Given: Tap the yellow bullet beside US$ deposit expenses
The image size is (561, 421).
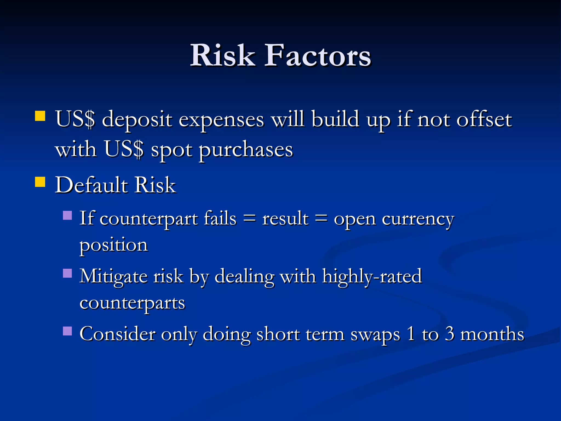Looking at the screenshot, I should point(40,116).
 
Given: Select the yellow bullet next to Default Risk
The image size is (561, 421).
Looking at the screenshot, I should point(40,182).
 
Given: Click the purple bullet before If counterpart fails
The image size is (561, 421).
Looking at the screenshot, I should point(67,215).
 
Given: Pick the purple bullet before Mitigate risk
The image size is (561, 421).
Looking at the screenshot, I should point(67,273).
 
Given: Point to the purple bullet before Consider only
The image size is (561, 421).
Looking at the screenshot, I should point(67,331).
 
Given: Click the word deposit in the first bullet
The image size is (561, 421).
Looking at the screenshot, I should point(137,120).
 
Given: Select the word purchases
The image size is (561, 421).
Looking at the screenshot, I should point(246,150).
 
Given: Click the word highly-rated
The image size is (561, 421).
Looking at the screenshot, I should point(372,276).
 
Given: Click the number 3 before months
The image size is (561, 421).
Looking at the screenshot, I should point(450,334).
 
